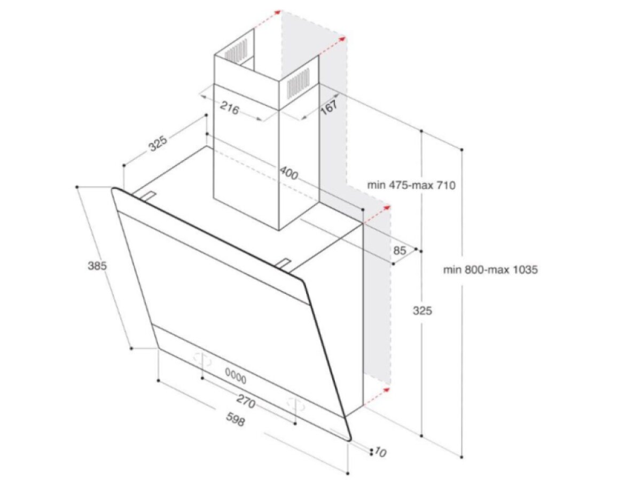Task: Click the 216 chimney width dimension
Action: click(230, 108)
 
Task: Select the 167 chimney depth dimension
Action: click(330, 107)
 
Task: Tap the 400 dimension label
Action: click(289, 173)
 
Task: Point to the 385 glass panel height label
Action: click(97, 266)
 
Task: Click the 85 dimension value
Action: click(400, 250)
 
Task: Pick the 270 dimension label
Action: click(246, 402)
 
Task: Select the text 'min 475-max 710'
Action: click(411, 185)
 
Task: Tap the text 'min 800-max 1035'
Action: click(490, 269)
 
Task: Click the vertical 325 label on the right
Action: click(423, 311)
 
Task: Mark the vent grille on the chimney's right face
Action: click(298, 83)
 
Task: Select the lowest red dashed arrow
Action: click(377, 397)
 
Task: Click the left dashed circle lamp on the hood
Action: click(202, 360)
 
